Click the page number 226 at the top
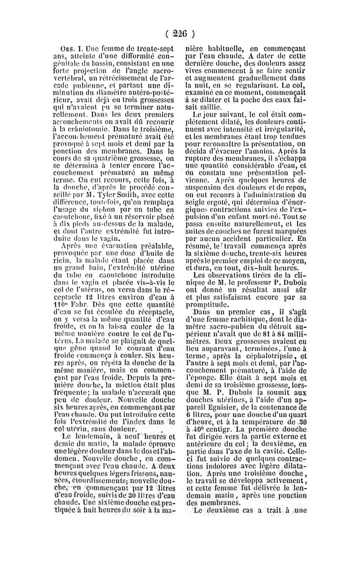(x=180, y=33)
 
